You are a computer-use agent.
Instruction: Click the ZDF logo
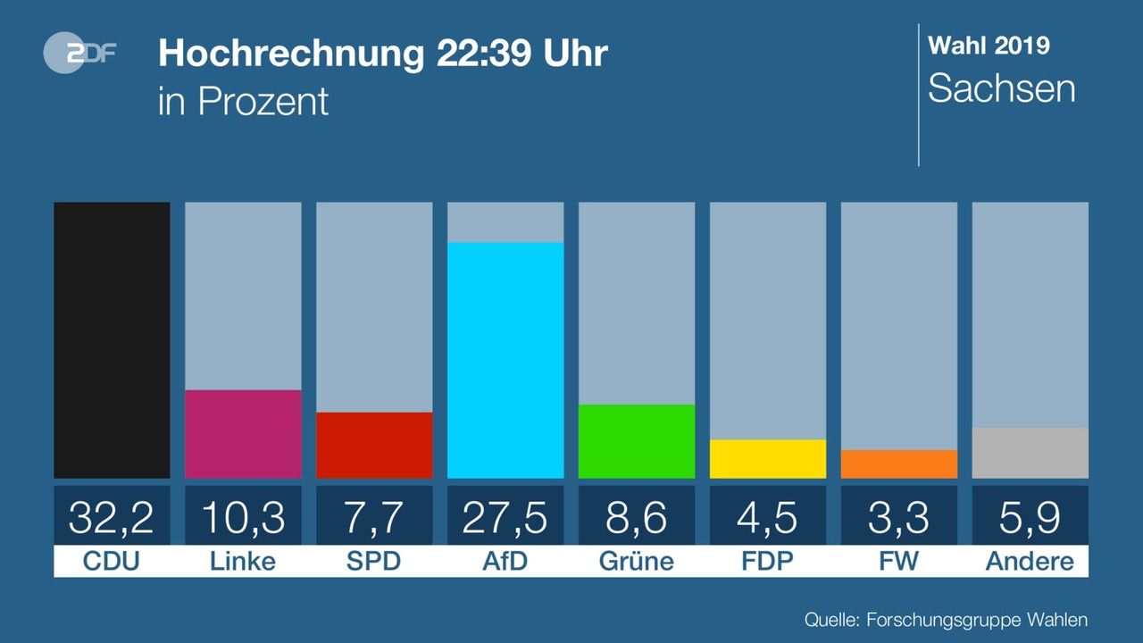[79, 53]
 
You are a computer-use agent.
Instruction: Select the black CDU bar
[112, 340]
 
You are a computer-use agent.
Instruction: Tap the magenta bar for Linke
[243, 434]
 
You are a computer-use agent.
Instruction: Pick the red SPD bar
[374, 445]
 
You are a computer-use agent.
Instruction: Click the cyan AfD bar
[505, 360]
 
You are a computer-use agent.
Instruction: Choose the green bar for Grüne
[637, 441]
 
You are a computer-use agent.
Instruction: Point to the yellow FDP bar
[767, 459]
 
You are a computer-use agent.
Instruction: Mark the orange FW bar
[898, 463]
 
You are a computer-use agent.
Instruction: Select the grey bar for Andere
[1030, 453]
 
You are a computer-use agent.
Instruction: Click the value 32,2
[112, 518]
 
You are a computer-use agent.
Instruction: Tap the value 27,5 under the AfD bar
[505, 518]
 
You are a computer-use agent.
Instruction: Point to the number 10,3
[243, 518]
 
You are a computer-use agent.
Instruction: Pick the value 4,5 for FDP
[767, 518]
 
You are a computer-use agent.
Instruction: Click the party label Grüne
[637, 561]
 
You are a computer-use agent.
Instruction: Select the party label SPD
[373, 561]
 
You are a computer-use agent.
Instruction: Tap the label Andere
[1030, 561]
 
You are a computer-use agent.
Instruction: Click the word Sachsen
[1002, 88]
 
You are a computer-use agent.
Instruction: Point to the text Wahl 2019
[989, 46]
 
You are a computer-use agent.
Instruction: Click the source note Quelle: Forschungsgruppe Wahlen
[946, 620]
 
